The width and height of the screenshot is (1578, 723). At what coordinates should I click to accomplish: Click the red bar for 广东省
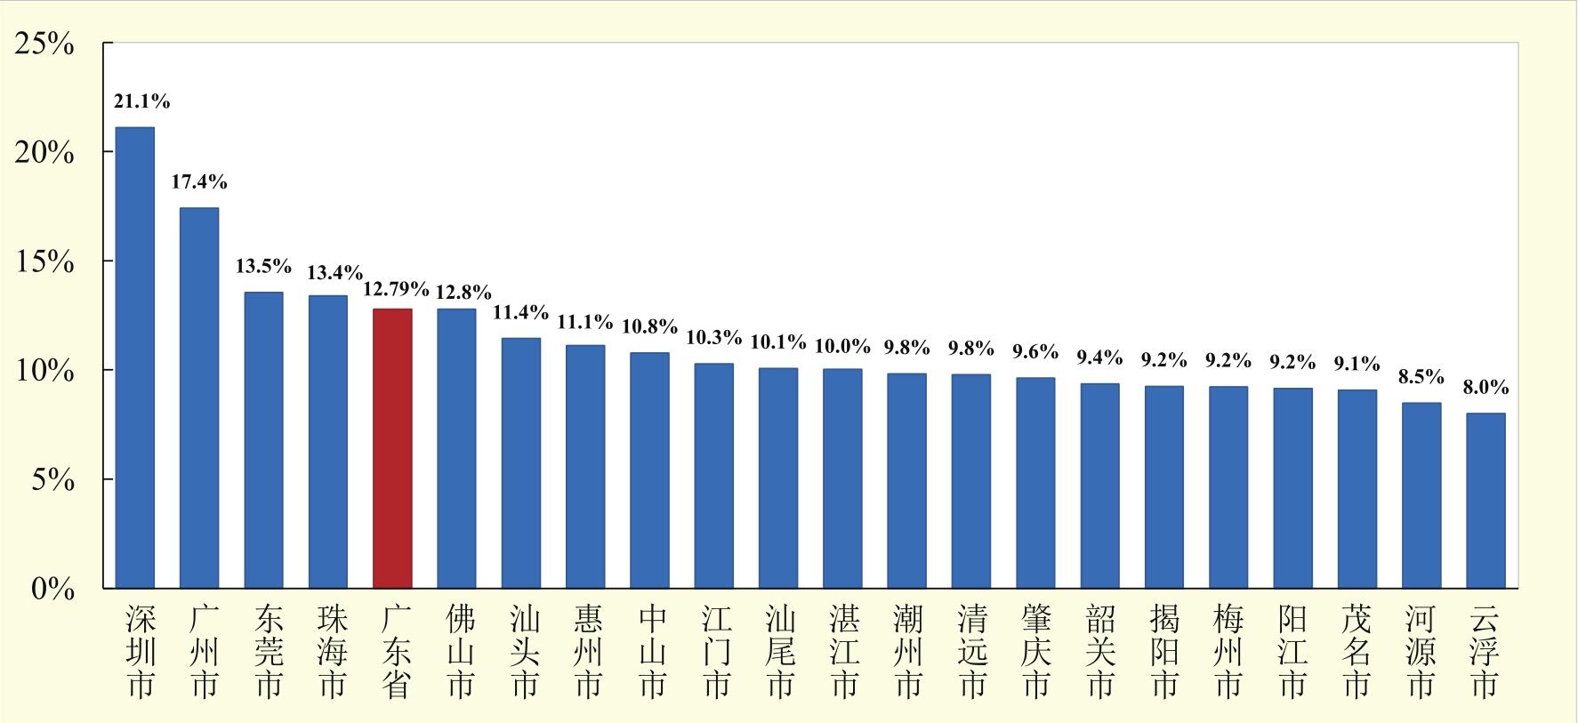point(392,448)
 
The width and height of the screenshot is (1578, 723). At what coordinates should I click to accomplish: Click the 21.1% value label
point(141,101)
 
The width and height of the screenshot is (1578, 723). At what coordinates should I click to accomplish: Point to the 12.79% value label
point(396,289)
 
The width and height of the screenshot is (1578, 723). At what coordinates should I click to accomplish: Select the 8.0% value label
point(1485,387)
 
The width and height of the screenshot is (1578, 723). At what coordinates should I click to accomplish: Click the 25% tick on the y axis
point(44,44)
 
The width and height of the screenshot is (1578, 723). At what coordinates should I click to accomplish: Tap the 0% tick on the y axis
point(52,588)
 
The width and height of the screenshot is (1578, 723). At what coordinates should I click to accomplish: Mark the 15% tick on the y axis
point(44,261)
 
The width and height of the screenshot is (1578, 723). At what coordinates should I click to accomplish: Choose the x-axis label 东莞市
point(269,652)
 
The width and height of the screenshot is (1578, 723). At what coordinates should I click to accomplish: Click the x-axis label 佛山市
point(461,652)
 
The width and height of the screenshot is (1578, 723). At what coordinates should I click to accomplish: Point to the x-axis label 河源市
point(1421,652)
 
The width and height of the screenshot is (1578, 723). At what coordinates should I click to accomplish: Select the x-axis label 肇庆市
point(1036,652)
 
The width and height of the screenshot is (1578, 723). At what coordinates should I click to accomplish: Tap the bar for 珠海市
point(328,441)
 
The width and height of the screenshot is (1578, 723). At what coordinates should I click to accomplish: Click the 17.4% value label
point(199,182)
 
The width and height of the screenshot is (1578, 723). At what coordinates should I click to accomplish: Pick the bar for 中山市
point(649,470)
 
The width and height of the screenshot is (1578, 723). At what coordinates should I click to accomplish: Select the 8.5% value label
point(1421,376)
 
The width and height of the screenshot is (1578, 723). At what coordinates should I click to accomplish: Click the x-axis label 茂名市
point(1357,652)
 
